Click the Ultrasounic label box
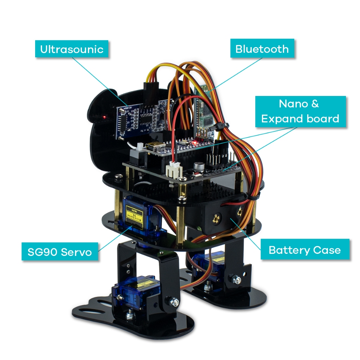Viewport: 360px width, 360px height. tap(72, 49)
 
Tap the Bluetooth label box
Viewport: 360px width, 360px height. tap(262, 49)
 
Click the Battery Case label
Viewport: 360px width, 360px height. tap(304, 250)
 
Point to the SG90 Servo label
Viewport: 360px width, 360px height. tap(60, 252)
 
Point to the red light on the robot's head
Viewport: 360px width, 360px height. tap(104, 117)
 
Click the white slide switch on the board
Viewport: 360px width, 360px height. tap(140, 147)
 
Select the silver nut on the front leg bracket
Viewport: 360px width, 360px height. tap(173, 301)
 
